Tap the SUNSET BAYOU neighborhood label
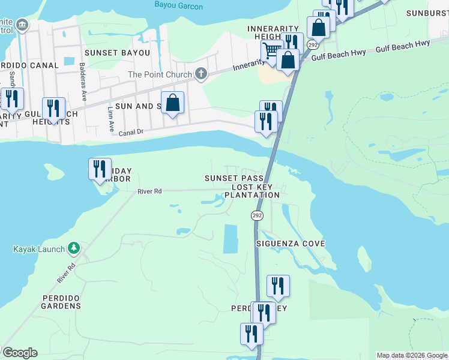tap(117, 53)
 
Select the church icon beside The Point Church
tap(200, 74)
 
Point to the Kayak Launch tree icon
tap(73, 248)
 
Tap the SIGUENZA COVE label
tap(291, 244)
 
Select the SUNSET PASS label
tap(234, 179)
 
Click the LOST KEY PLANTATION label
tap(252, 191)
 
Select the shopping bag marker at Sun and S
tap(172, 102)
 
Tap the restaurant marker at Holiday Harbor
tap(100, 169)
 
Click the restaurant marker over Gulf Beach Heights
tap(54, 108)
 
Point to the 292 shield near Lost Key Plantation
tap(257, 215)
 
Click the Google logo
tap(19, 353)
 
